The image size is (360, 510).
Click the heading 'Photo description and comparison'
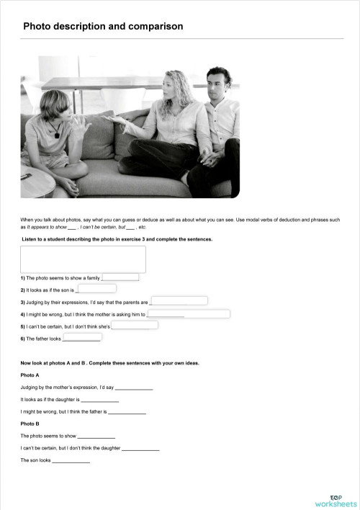coord(103,27)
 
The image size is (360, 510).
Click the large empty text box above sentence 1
coord(83,259)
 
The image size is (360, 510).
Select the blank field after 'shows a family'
coord(120,277)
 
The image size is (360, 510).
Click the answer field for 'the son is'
coord(96,289)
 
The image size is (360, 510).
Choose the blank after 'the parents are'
coord(179,301)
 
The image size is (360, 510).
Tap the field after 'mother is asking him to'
coord(189,313)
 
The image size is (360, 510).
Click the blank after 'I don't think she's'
coord(135,326)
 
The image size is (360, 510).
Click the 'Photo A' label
coord(30,375)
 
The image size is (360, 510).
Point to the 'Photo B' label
coord(30,424)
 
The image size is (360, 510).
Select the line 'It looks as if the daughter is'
coord(69,399)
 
